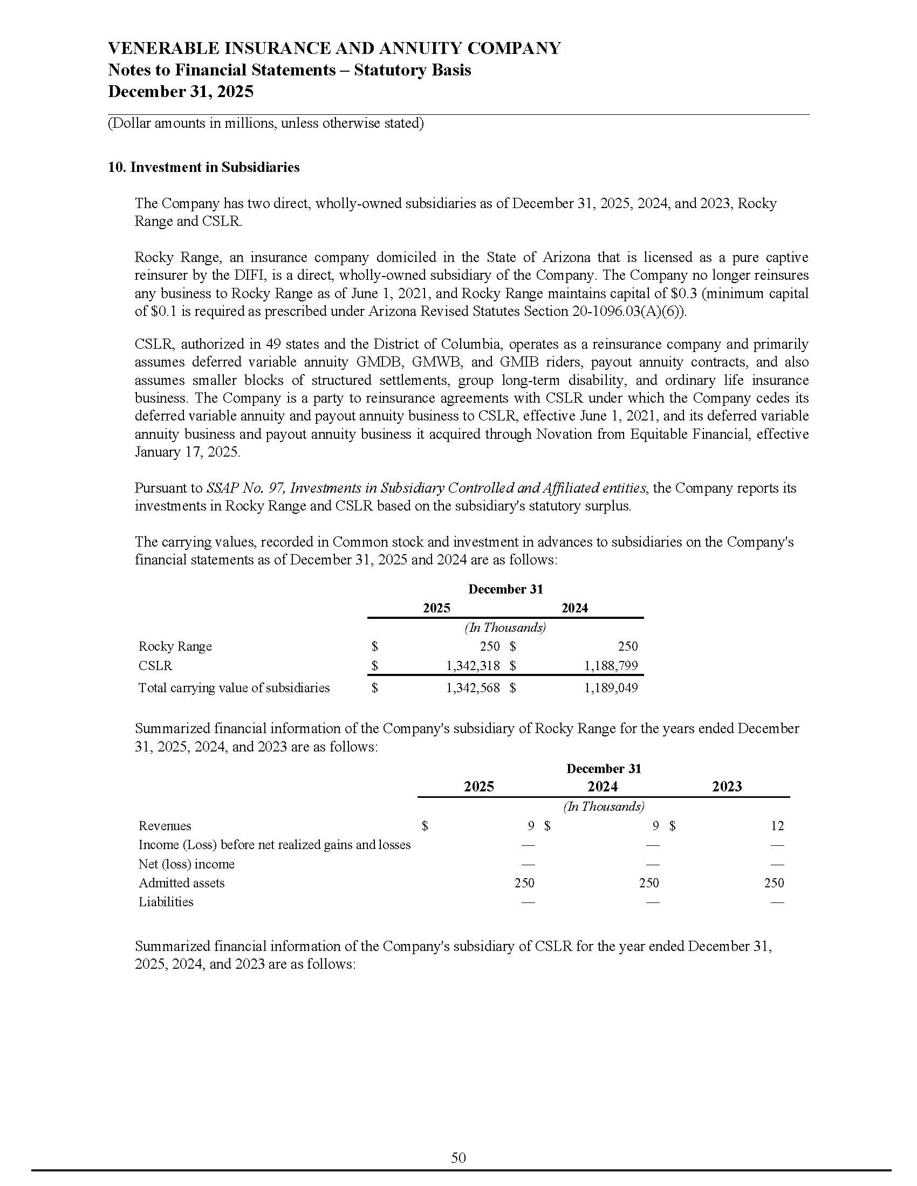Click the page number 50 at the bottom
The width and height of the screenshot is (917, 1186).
point(458,1158)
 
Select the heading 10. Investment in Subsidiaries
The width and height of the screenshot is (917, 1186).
point(204,167)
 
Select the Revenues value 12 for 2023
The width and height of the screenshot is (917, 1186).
point(777,826)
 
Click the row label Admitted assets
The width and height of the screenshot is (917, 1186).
point(181,883)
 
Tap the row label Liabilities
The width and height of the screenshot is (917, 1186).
point(166,902)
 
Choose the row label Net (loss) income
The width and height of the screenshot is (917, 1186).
point(186,864)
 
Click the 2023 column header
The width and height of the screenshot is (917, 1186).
point(727,787)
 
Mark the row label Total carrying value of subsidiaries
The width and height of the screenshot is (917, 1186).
point(234,688)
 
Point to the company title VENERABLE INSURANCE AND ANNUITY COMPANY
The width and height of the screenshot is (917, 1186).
point(334,49)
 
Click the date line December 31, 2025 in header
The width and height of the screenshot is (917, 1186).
point(180,91)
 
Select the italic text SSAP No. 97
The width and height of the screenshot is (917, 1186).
point(245,488)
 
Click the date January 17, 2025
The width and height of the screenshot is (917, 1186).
point(186,452)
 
